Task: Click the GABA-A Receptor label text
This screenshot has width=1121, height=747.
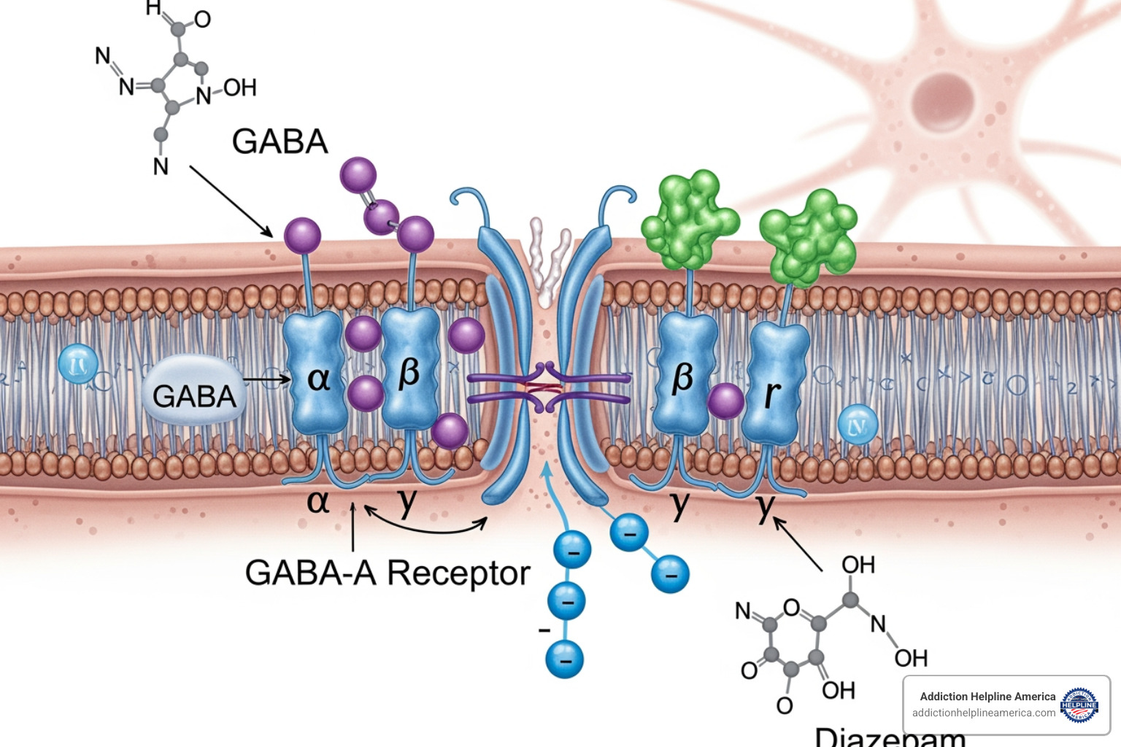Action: coord(387,573)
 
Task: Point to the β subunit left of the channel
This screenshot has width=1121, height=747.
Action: coord(409,369)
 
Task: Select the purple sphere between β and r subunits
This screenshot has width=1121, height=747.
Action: coord(725,401)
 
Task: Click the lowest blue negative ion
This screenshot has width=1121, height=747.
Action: coord(565,659)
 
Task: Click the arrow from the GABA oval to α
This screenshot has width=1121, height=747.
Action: coord(266,379)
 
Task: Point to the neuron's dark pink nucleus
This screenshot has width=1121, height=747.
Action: coord(943,102)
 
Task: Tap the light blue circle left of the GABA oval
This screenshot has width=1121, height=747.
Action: coord(78,363)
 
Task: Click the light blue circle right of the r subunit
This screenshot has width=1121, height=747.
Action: coord(858,425)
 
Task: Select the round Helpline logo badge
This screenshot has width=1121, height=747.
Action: coord(1079,705)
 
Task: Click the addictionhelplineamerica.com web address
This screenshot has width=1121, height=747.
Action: coord(983,713)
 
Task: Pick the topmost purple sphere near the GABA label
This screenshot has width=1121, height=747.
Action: coord(358,175)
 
